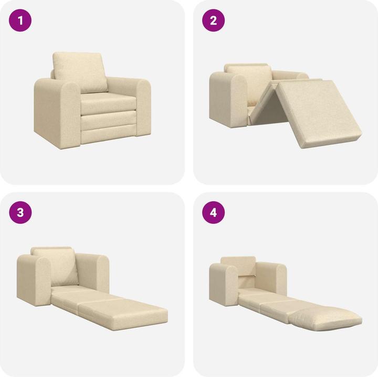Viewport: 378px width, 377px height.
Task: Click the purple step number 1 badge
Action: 21,21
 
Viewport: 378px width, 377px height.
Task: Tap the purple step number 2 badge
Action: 214,21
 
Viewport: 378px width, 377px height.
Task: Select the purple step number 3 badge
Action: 21,213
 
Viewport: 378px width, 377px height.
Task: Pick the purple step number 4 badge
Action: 214,213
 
